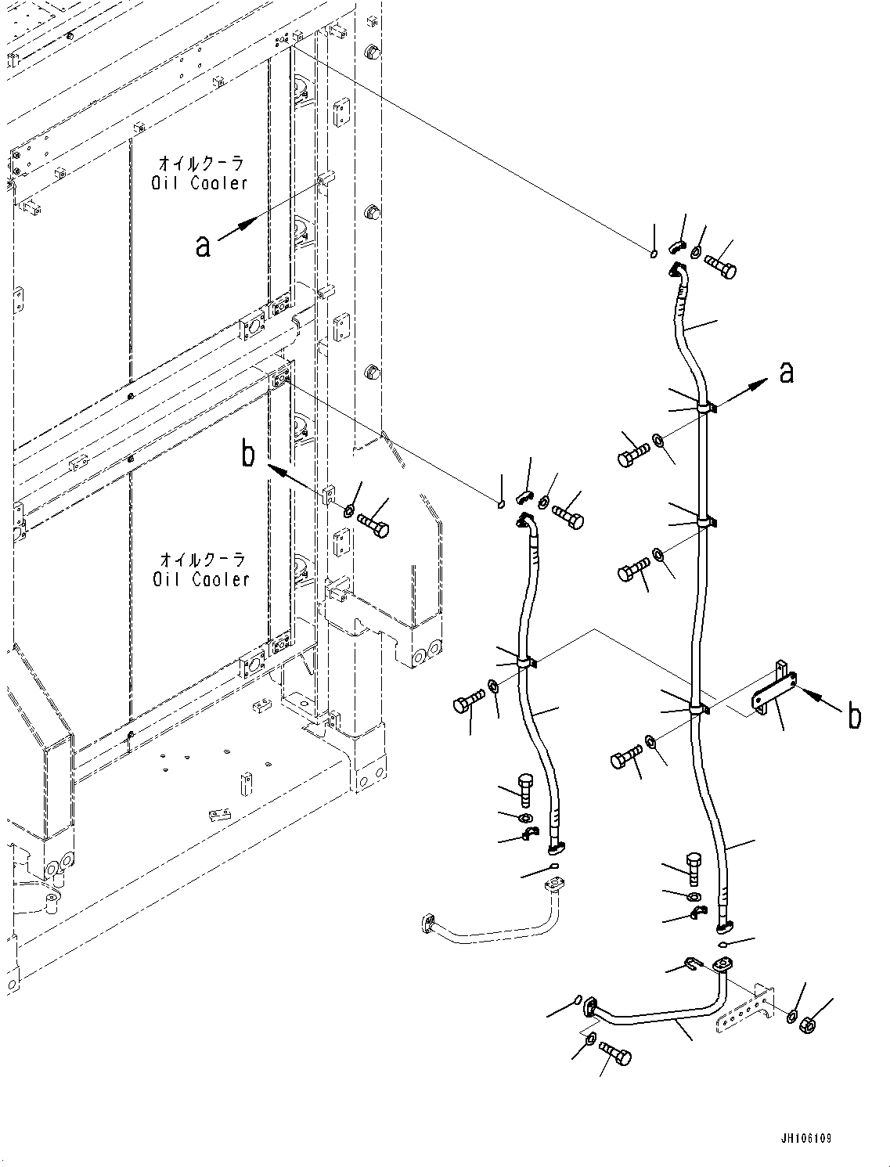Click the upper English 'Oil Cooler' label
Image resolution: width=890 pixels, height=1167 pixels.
200,183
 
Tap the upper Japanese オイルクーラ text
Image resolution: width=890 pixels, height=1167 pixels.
201,164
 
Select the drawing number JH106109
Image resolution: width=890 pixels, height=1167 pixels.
805,1138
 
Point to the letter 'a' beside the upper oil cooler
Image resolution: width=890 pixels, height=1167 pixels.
203,246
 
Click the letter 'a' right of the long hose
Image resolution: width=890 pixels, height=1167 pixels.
787,373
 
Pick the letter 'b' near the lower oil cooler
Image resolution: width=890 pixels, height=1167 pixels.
248,454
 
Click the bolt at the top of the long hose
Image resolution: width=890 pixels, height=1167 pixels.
721,267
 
